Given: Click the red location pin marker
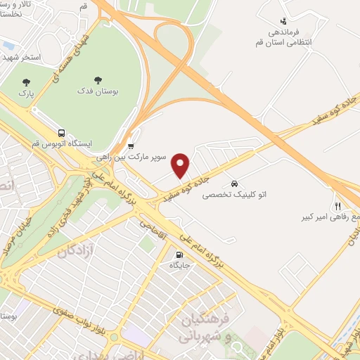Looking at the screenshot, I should point(181,165).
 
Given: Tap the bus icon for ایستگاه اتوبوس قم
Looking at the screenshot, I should point(63,133).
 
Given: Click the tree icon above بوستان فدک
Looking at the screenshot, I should point(98,80).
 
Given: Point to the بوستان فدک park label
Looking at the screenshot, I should point(98,91).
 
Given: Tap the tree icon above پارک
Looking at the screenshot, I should point(27,82).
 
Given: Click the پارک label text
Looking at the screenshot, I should point(27,92).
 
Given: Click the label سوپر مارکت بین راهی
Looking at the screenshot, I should point(141,157).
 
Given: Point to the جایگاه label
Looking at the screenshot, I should point(175,265).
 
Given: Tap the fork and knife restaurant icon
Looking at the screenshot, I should point(337,206).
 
